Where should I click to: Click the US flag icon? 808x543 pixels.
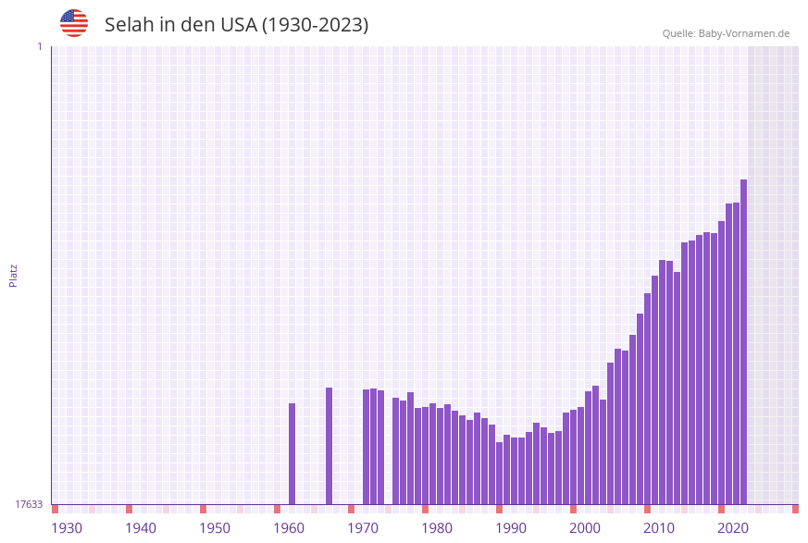[74, 23]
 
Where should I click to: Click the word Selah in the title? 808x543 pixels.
[130, 25]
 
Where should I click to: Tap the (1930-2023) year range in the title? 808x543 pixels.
[315, 25]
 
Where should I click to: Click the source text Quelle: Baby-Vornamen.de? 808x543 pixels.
[726, 33]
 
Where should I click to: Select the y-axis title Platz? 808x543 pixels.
[13, 275]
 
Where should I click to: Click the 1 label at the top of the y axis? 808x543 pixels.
[39, 46]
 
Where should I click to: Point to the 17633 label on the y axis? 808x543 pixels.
[29, 504]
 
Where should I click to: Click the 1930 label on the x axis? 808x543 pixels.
[67, 527]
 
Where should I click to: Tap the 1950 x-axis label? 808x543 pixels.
[215, 527]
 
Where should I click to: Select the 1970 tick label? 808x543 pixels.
[363, 527]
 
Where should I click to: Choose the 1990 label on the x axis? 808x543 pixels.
[511, 527]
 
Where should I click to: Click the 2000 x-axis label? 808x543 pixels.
[585, 527]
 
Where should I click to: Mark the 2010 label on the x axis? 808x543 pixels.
[659, 527]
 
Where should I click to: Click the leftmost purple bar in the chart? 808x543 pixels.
[292, 453]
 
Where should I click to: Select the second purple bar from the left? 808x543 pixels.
[329, 446]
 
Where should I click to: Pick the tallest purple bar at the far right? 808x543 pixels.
[744, 342]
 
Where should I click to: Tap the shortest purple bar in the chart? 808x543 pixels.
[500, 473]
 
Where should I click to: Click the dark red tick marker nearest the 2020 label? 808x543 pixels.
[722, 509]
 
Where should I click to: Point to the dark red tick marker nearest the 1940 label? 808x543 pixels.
[130, 509]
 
